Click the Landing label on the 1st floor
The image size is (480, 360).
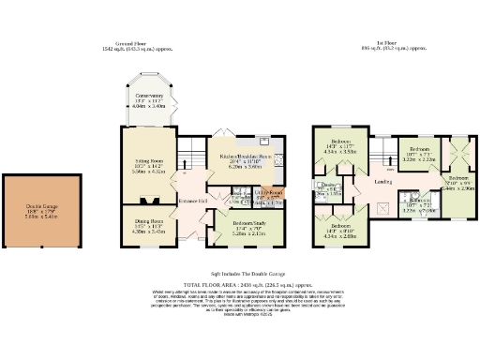pyautogui.click(x=382, y=182)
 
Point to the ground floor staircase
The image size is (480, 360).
pyautogui.click(x=191, y=149)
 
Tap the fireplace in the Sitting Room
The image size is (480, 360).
pyautogui.click(x=147, y=200)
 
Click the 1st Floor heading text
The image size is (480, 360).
pyautogui.click(x=379, y=44)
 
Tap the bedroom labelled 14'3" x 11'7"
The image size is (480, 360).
pyautogui.click(x=339, y=146)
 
